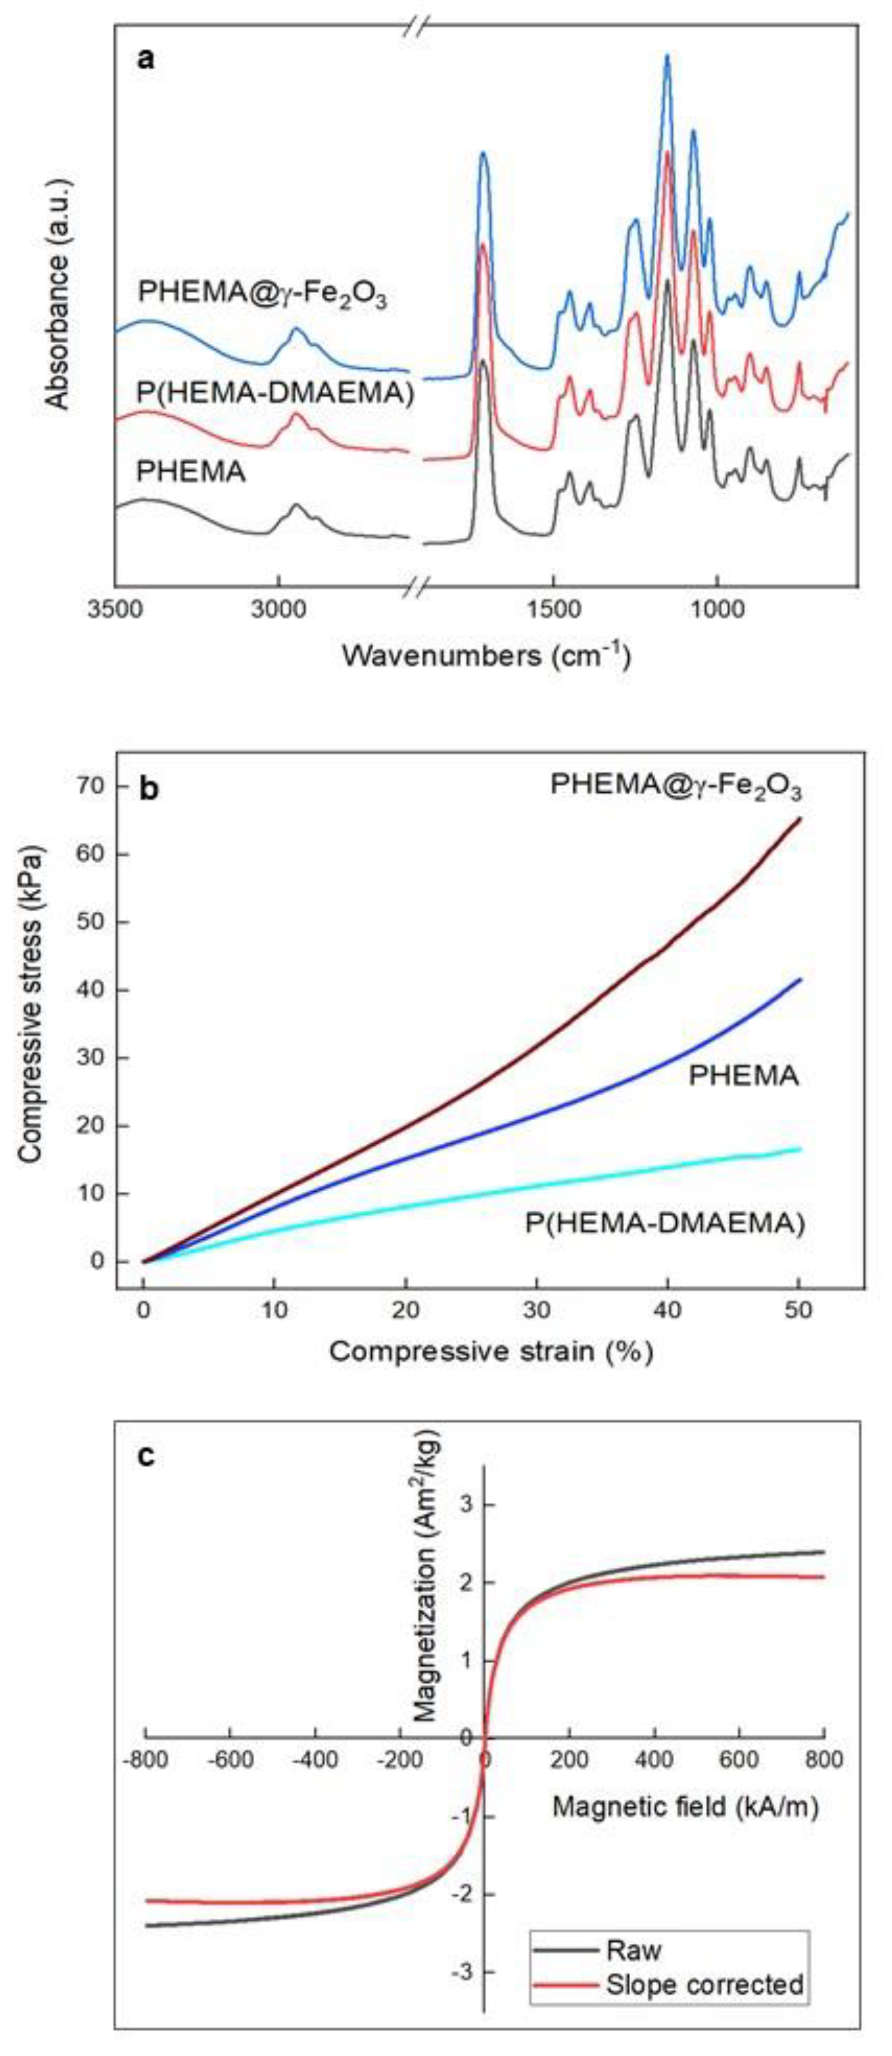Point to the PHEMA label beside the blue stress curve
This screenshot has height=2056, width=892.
(x=743, y=1077)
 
